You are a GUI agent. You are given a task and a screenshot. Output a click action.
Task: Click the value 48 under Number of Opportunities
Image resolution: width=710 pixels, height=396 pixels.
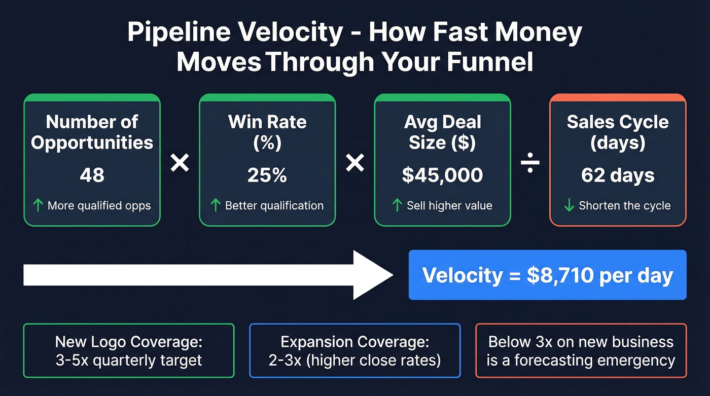[x=92, y=175]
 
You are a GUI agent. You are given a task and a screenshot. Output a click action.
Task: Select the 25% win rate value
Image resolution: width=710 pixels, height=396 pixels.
[x=267, y=175]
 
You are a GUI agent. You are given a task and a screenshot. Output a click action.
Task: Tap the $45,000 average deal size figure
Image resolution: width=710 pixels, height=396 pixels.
[x=442, y=175]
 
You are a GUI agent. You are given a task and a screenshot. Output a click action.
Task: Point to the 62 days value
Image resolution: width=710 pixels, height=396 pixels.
[x=618, y=175]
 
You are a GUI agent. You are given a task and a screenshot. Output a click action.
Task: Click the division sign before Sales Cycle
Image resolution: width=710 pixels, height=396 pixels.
[x=530, y=164]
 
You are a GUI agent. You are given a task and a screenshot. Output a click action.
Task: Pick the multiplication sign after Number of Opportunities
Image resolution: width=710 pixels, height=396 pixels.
[x=180, y=163]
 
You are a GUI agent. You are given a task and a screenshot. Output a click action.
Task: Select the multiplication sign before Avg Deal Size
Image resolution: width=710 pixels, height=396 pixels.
[x=354, y=163]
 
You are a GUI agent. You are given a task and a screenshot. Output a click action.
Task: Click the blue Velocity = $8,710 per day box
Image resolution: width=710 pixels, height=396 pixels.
[x=547, y=275]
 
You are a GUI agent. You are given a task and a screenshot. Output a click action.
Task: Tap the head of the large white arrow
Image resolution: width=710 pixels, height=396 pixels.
[x=373, y=275]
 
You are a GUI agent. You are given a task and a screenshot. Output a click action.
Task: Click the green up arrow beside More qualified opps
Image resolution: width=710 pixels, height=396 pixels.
[x=38, y=205]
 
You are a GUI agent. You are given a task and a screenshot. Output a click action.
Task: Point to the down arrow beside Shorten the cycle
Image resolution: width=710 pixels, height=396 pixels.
[x=569, y=205]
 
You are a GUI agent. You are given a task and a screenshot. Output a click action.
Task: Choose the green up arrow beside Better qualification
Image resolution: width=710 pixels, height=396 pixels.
[x=215, y=205]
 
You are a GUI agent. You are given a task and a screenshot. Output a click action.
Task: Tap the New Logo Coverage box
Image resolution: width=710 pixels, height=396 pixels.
[x=129, y=351]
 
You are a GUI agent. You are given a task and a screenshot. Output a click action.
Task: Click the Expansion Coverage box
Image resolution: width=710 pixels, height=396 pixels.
[x=354, y=351]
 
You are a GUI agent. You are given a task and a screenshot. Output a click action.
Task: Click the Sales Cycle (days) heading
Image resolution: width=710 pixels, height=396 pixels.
[x=618, y=132]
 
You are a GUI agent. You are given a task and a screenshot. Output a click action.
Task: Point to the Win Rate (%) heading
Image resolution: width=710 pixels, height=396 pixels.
[x=267, y=132]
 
